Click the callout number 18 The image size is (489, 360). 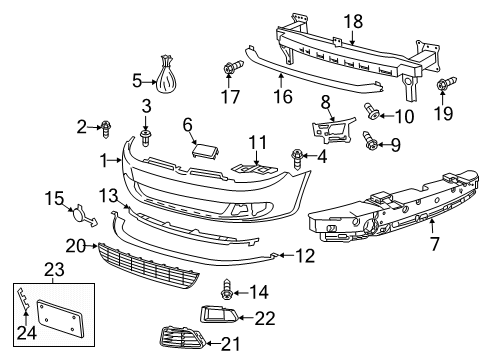[x=353, y=22]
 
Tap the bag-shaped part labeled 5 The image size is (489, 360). [x=166, y=75]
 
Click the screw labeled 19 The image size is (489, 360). [x=446, y=83]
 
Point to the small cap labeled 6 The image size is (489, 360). [x=205, y=150]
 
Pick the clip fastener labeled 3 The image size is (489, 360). [x=145, y=138]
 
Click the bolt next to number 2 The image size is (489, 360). [x=106, y=129]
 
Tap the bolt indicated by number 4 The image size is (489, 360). [x=297, y=159]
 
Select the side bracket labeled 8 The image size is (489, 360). [x=333, y=130]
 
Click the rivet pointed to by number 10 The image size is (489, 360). [x=371, y=111]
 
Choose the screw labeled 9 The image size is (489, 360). [x=370, y=141]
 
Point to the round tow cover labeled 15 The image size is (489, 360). [x=83, y=215]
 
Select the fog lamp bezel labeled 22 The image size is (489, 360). [x=219, y=314]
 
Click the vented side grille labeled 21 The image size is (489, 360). [x=182, y=338]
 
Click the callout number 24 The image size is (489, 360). [x=27, y=332]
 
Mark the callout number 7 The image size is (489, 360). [x=435, y=244]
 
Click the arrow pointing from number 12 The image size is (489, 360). [x=286, y=256]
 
